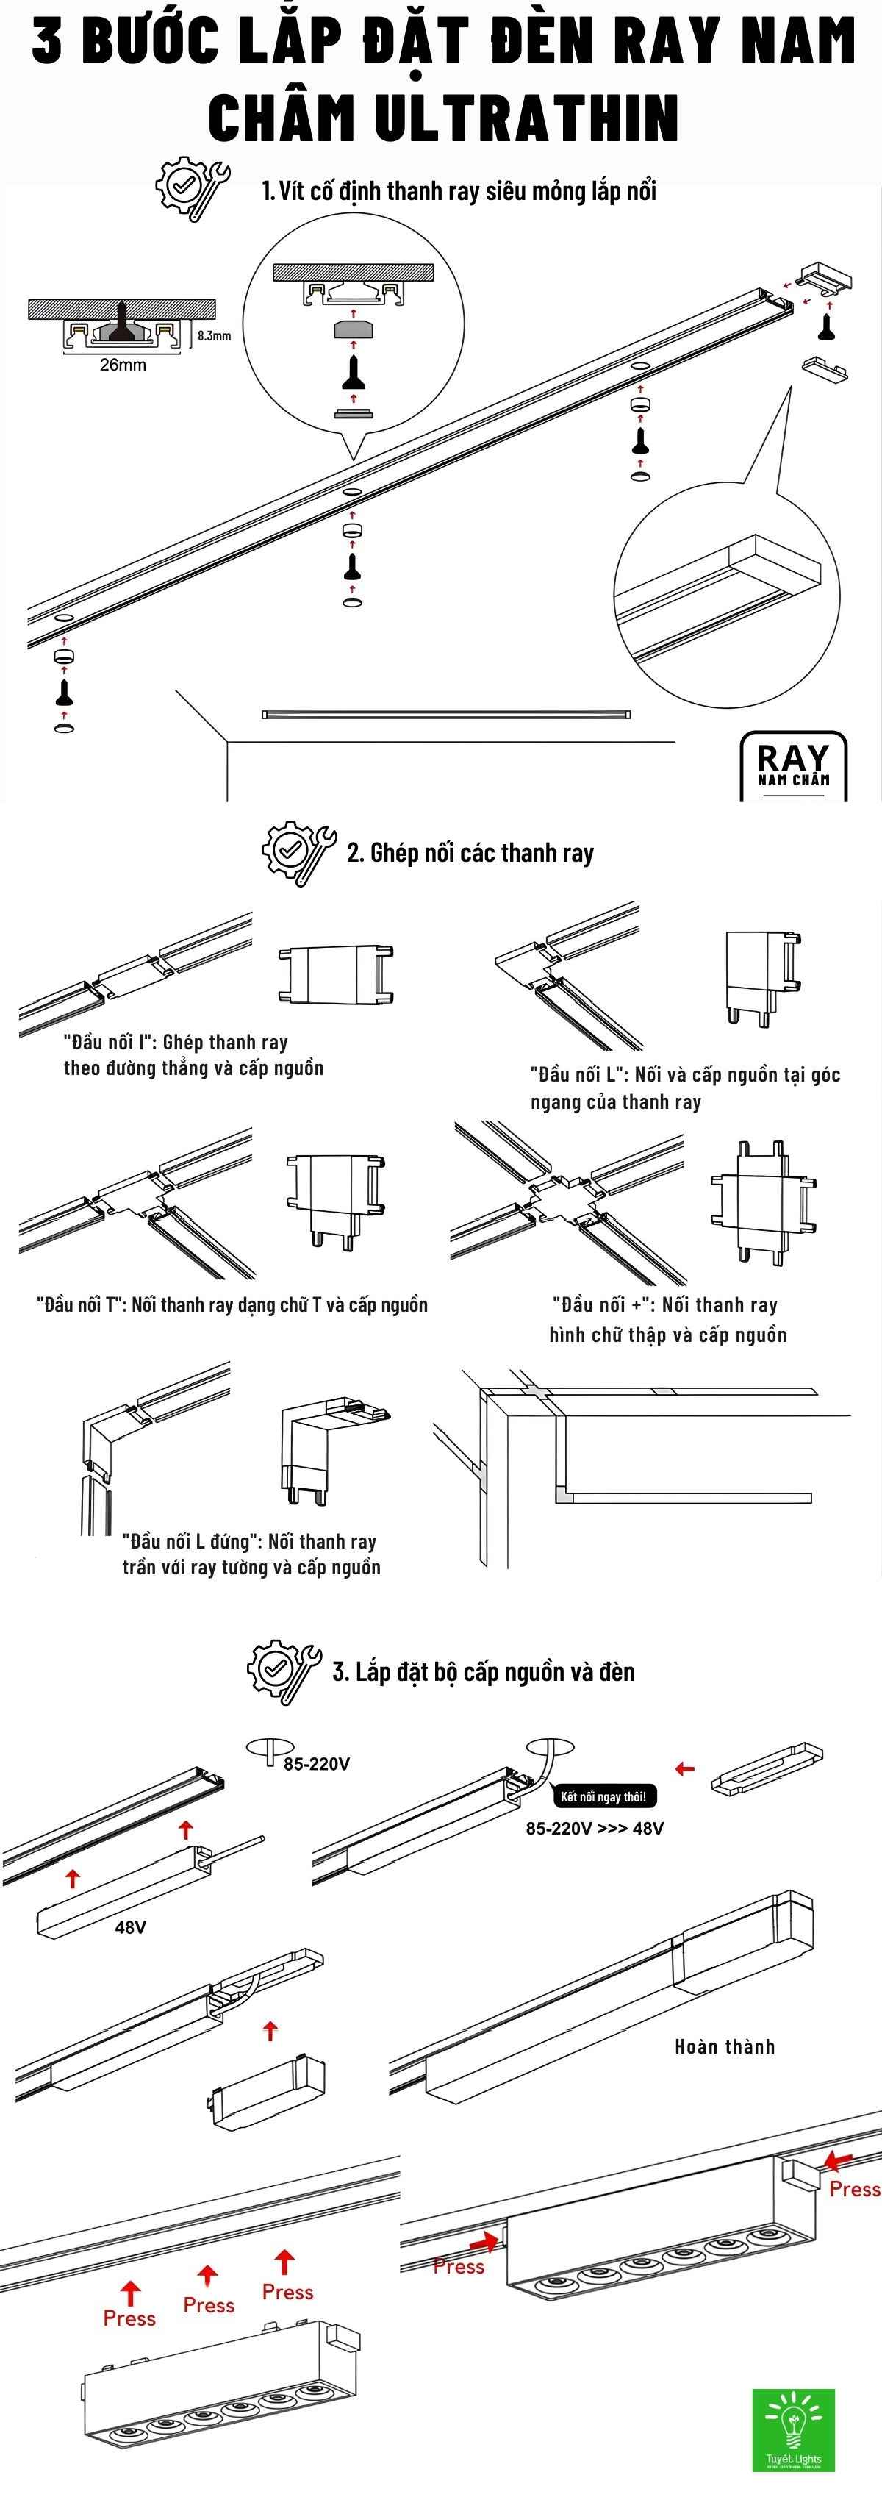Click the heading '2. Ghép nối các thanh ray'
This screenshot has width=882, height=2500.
click(470, 853)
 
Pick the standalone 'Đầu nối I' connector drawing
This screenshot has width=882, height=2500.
click(336, 974)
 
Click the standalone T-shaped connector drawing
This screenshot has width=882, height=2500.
click(336, 1198)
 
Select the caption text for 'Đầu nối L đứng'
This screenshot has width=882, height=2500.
click(251, 1554)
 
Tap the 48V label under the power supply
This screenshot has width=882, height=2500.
click(130, 1926)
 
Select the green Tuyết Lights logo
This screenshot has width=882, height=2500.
click(793, 2430)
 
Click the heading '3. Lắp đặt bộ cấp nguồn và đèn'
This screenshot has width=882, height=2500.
click(483, 1671)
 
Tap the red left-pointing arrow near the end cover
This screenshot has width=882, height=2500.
click(685, 1768)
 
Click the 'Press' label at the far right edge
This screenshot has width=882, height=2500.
click(854, 2188)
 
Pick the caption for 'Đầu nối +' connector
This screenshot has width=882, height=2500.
click(667, 1319)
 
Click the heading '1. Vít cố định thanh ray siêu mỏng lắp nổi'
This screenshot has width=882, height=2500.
click(459, 190)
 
